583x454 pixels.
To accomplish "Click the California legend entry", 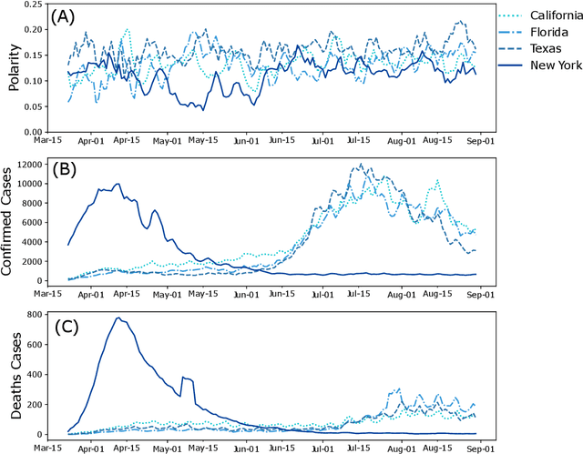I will (546, 15).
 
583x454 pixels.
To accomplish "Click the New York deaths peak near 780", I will (118, 318).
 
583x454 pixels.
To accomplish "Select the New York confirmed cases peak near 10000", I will (117, 184).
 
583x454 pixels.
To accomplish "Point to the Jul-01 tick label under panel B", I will (322, 295).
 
